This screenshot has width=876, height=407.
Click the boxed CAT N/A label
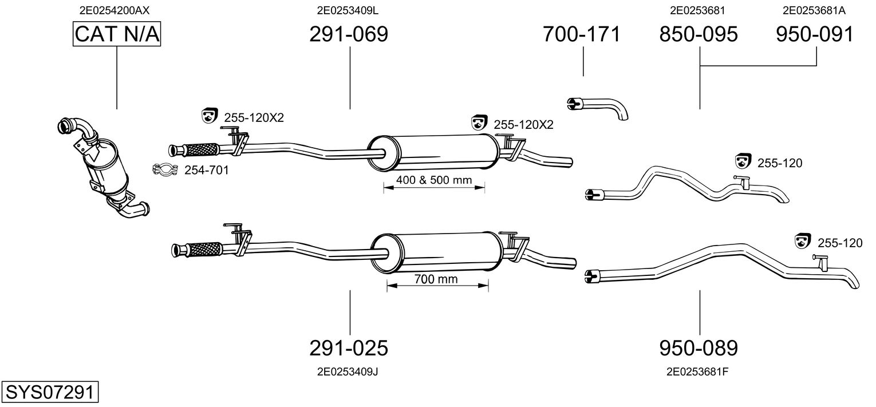coord(117,34)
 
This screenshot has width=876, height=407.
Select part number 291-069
coord(349,34)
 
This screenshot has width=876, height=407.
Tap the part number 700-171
coord(582,34)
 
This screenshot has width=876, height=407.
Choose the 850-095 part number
coord(699,34)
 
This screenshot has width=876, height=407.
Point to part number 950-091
coord(815,34)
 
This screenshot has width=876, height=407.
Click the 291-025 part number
coord(349,347)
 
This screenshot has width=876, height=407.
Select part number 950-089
coord(699,347)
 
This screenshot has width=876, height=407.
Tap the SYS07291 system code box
coord(50,392)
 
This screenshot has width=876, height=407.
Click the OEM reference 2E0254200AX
coord(114,10)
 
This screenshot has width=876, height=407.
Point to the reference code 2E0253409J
coord(348,372)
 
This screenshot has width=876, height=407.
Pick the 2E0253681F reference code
coord(697,372)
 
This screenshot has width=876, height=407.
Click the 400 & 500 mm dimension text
coord(434,180)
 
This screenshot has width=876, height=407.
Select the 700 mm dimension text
coord(436,279)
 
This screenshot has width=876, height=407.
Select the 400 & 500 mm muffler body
coord(434,152)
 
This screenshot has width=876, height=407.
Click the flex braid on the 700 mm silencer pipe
coord(204,250)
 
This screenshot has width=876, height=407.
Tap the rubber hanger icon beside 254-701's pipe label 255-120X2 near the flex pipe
coord(210,115)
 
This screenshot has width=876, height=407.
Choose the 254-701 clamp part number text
coord(207,170)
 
